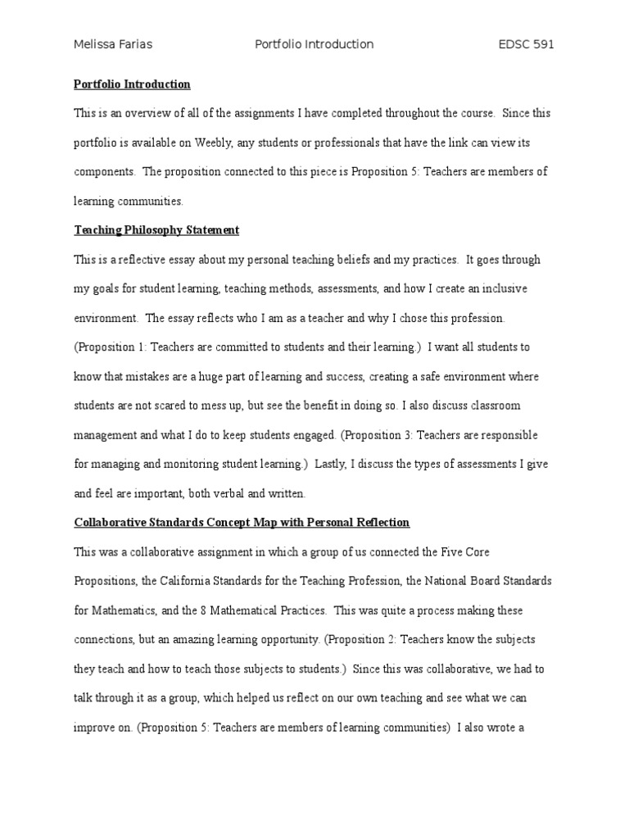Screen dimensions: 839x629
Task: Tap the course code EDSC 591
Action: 527,44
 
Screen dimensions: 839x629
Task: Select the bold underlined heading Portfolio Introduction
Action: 132,84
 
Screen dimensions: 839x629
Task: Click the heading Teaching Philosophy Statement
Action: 156,230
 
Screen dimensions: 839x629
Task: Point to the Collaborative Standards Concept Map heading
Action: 242,522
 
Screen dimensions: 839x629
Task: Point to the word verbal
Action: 236,493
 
